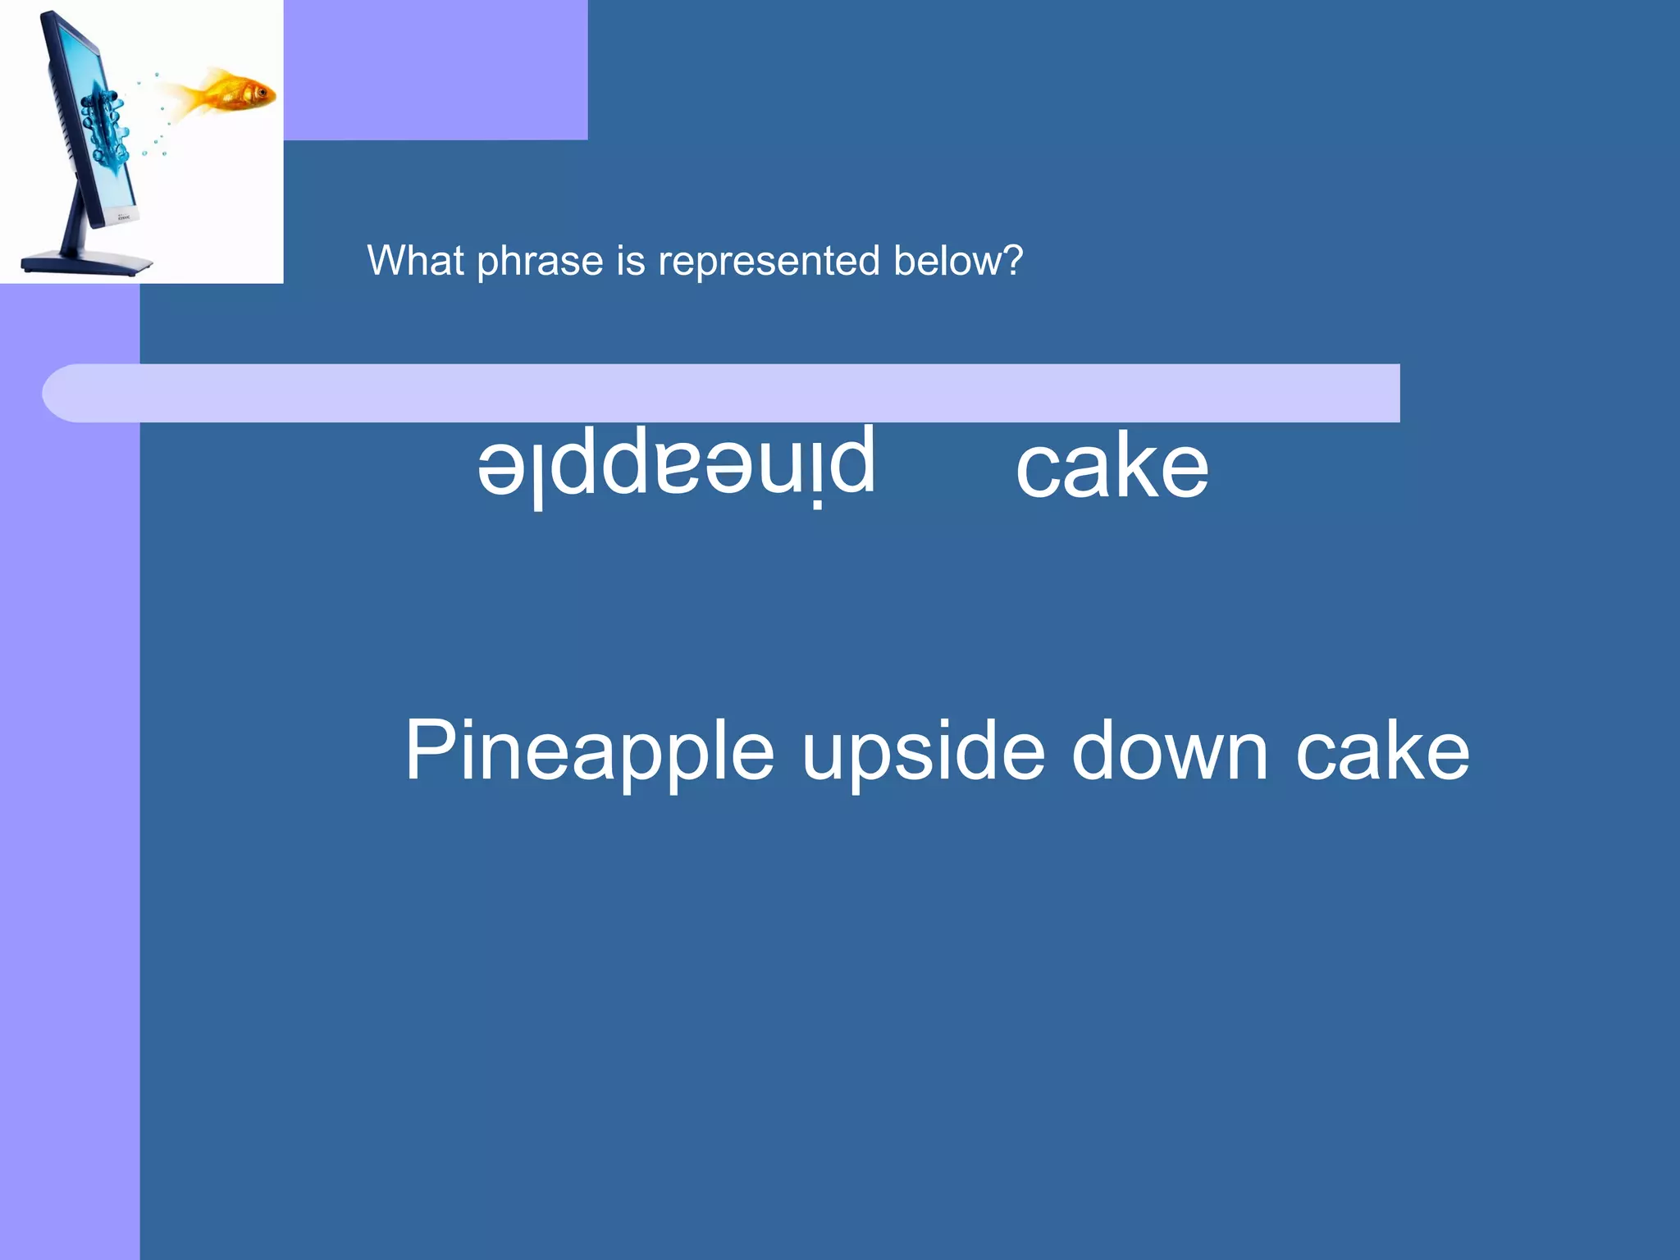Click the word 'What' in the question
click(x=415, y=261)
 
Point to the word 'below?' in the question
click(x=958, y=261)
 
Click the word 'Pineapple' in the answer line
click(x=589, y=751)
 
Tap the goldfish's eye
click(x=262, y=91)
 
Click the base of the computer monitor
click(x=86, y=264)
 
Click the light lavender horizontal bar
click(x=738, y=393)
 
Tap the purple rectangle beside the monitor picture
click(x=435, y=70)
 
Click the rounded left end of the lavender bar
click(x=62, y=393)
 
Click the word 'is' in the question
click(x=631, y=261)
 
